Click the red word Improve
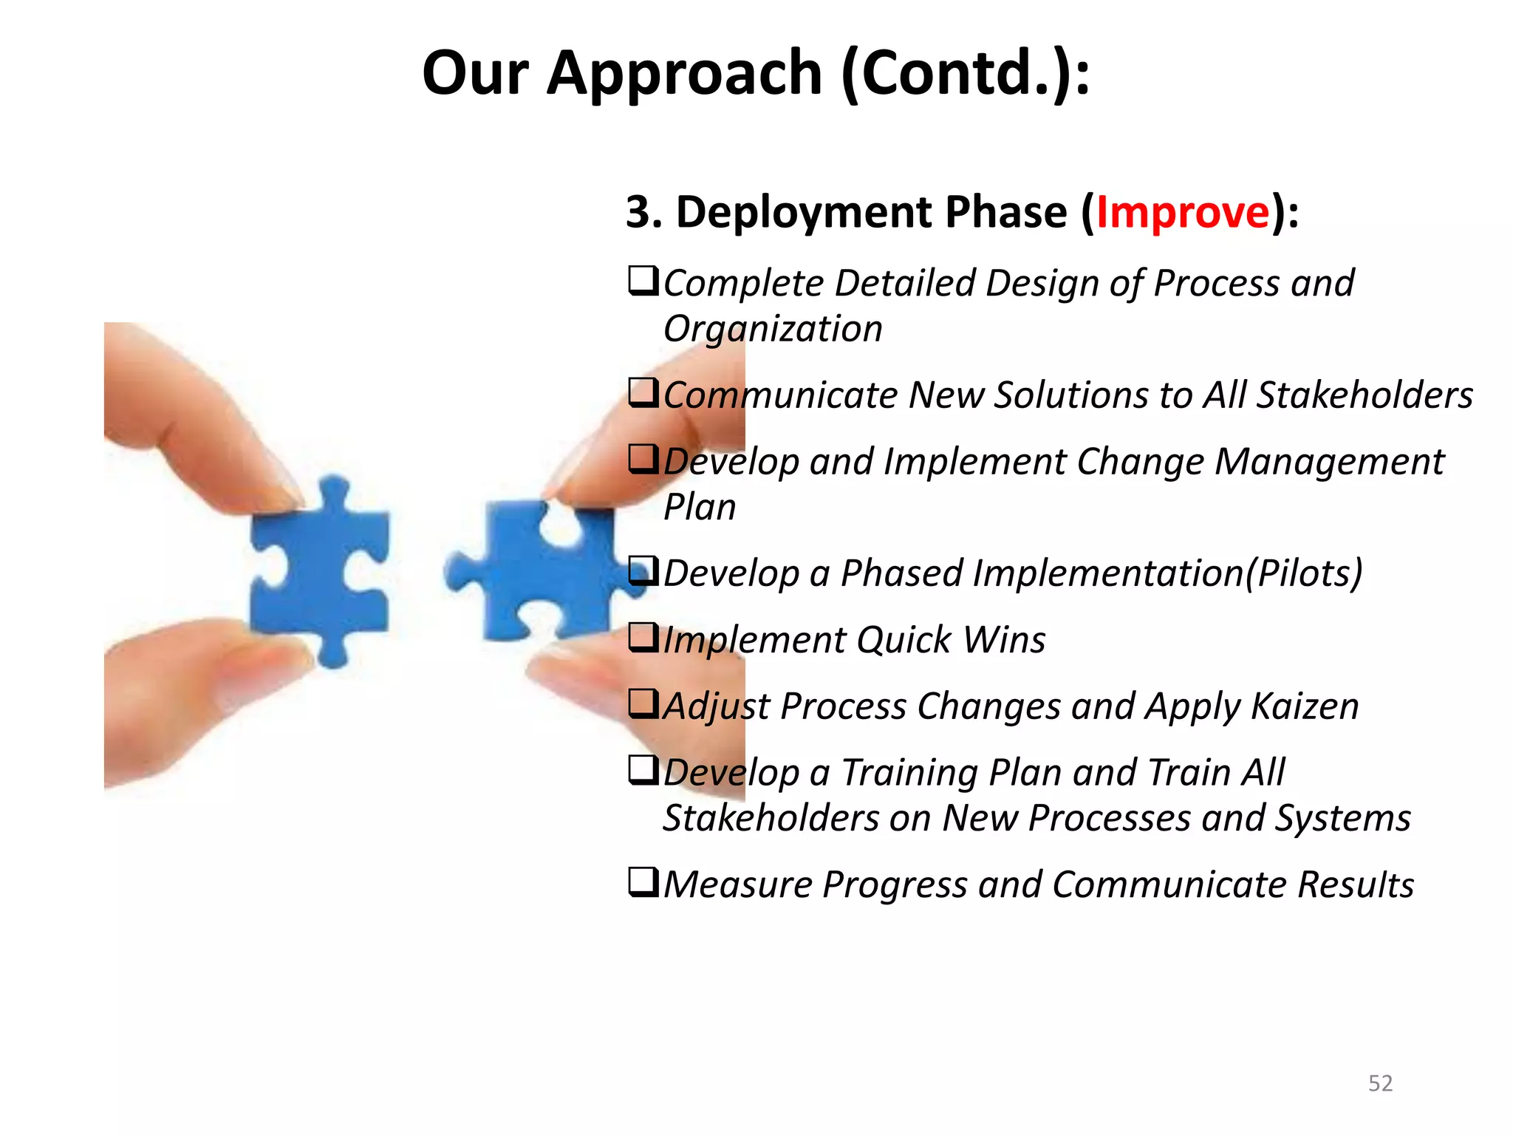pos(1183,213)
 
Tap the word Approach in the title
pos(684,74)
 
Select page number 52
pos(1380,1083)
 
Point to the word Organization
pos(773,329)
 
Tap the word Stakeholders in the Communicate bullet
pos(1365,395)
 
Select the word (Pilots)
pos(1304,573)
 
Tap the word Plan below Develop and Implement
pos(700,508)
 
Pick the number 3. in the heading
pos(643,213)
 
